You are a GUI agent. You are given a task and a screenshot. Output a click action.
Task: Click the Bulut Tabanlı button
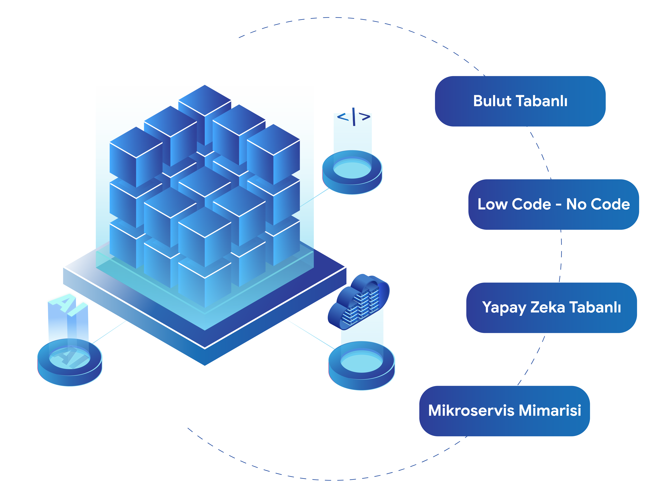[x=520, y=101]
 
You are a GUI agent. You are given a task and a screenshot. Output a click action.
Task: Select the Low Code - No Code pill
[x=554, y=204]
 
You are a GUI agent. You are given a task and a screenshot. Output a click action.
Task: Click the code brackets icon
[x=354, y=117]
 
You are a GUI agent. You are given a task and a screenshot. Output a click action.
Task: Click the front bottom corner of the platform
[x=205, y=366]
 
